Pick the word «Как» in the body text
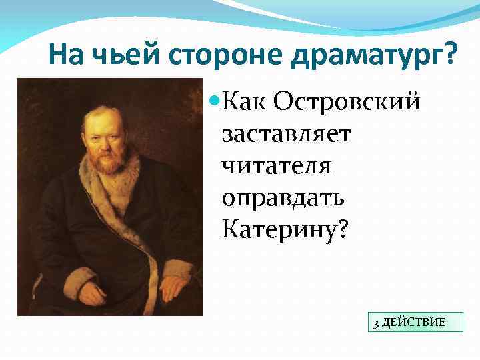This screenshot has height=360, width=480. pos(244,101)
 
